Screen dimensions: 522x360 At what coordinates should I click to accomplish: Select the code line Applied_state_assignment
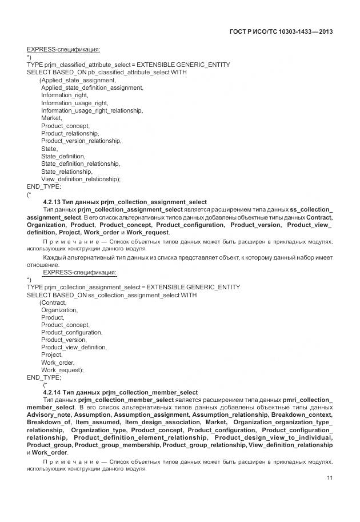click(x=78, y=80)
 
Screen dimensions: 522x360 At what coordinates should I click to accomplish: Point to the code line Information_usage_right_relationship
click(x=92, y=110)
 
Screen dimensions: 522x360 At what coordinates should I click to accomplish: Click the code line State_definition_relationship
click(x=81, y=164)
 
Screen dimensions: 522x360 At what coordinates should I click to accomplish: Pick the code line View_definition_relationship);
click(x=81, y=179)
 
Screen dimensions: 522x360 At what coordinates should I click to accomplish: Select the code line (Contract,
click(x=53, y=302)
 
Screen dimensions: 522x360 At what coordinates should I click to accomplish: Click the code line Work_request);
click(x=62, y=370)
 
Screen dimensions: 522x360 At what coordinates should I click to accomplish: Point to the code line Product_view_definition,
click(x=74, y=347)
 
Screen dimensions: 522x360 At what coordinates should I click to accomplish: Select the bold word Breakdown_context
click(x=302, y=414)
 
